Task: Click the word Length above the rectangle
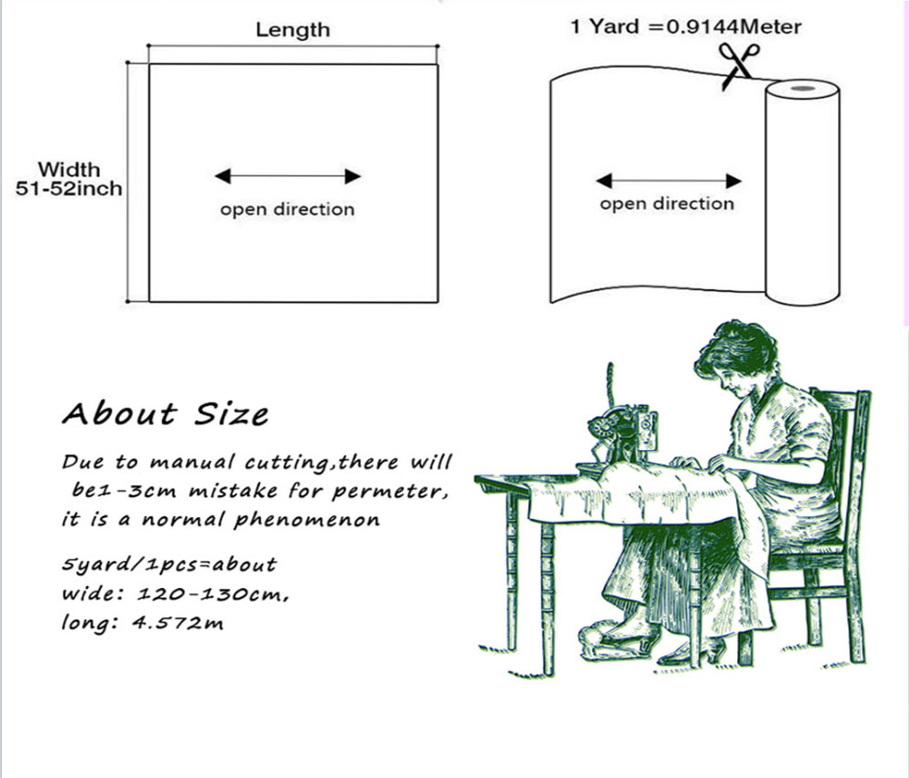pyautogui.click(x=293, y=30)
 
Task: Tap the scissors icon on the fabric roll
pyautogui.click(x=737, y=65)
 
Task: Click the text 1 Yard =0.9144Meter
pyautogui.click(x=685, y=26)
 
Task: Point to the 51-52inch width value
pyautogui.click(x=68, y=189)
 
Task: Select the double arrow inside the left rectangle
pyautogui.click(x=287, y=176)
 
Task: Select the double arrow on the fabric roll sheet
pyautogui.click(x=668, y=181)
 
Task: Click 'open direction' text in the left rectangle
pyautogui.click(x=287, y=209)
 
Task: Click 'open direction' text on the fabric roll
pyautogui.click(x=666, y=204)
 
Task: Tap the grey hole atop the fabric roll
pyautogui.click(x=803, y=89)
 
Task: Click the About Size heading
pyautogui.click(x=165, y=414)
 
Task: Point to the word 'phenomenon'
pyautogui.click(x=307, y=520)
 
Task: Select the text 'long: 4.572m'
pyautogui.click(x=142, y=623)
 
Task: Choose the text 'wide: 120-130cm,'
pyautogui.click(x=175, y=594)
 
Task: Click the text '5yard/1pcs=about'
pyautogui.click(x=169, y=564)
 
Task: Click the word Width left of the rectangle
pyautogui.click(x=69, y=169)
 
